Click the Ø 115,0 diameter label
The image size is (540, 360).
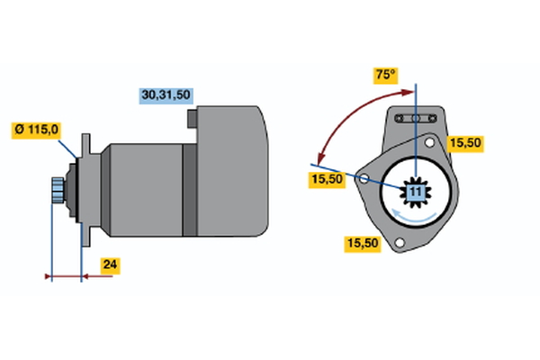(37, 130)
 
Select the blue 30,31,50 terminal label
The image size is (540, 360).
(168, 94)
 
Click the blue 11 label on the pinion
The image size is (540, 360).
(416, 192)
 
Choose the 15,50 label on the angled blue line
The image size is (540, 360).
(327, 180)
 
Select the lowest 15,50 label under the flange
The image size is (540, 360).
(361, 242)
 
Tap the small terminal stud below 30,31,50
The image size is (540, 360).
(193, 118)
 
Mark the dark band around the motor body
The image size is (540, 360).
(190, 189)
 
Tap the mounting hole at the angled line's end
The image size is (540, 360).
(364, 179)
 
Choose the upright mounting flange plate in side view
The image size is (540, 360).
(85, 189)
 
